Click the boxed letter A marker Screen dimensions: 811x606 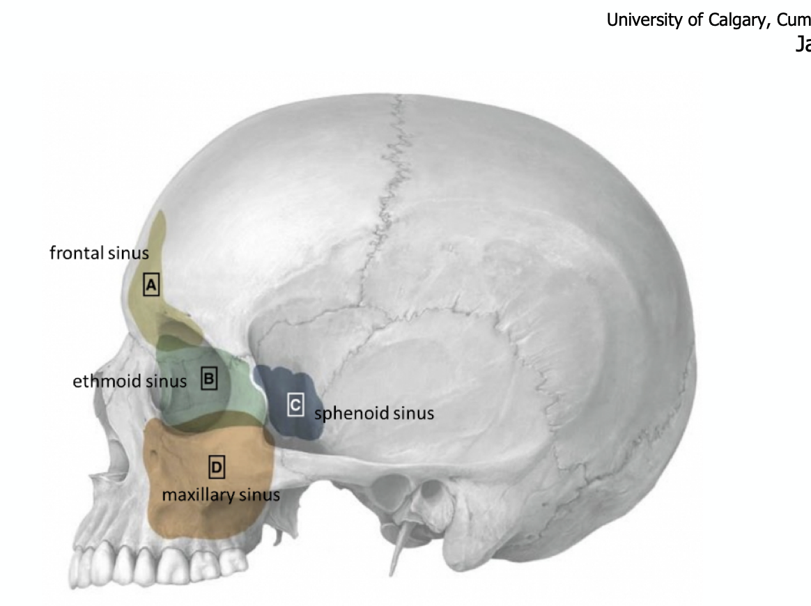[152, 284]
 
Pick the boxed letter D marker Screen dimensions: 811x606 [217, 466]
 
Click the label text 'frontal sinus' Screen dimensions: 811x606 [99, 253]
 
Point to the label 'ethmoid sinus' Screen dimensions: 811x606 [130, 381]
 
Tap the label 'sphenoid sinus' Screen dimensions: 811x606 [374, 413]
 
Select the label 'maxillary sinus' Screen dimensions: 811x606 [221, 495]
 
